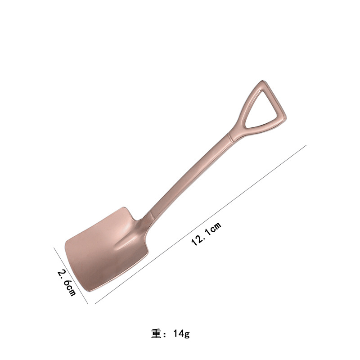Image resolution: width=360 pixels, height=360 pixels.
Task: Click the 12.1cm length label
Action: click(x=206, y=234)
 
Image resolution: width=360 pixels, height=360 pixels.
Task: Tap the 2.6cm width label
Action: click(x=67, y=283)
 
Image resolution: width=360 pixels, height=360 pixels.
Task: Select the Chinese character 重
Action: click(x=156, y=333)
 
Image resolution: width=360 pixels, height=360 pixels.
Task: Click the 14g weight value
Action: click(x=181, y=334)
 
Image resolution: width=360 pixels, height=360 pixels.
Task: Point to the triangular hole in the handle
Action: click(x=263, y=111)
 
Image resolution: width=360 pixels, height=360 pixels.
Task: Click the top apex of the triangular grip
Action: click(x=262, y=81)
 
